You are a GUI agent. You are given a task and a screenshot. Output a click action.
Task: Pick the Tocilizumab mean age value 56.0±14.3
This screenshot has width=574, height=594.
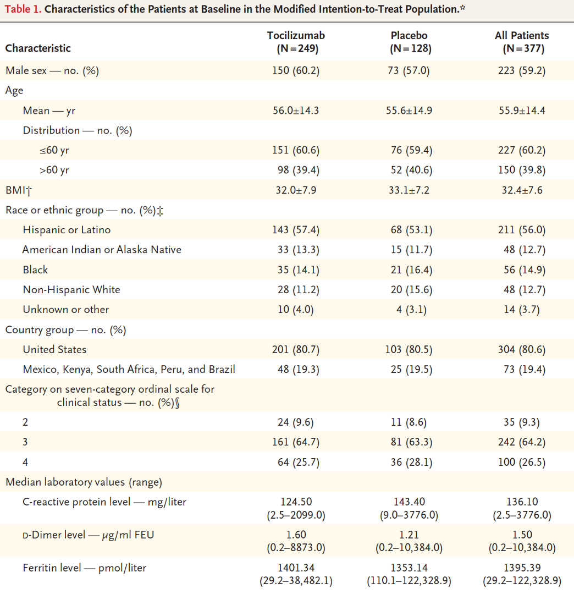(x=296, y=110)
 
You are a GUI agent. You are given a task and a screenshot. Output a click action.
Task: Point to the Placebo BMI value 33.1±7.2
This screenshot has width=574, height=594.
(x=409, y=190)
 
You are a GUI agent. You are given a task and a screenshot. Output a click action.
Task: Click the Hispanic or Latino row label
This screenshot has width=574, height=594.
(x=67, y=230)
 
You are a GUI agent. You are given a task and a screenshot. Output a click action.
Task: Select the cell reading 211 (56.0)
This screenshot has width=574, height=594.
(x=522, y=230)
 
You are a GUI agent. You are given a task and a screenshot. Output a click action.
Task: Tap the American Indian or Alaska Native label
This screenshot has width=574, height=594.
(x=102, y=250)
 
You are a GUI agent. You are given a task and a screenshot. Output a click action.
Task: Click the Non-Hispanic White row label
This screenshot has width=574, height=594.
(x=71, y=289)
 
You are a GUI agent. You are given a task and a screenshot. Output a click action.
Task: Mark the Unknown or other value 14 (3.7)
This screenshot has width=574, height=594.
(x=522, y=309)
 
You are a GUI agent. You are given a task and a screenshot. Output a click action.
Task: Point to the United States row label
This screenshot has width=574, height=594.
(x=54, y=349)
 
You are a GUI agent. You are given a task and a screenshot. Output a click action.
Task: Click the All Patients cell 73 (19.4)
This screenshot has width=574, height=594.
(x=522, y=369)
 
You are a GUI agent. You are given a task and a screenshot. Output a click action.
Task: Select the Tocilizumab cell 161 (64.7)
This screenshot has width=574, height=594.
(x=296, y=442)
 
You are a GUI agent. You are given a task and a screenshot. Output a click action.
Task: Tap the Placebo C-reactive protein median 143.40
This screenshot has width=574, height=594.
(x=409, y=502)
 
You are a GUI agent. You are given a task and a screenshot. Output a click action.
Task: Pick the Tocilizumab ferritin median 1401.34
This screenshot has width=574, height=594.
(x=296, y=567)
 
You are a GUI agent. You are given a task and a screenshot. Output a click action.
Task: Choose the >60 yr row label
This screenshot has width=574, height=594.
(x=54, y=170)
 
